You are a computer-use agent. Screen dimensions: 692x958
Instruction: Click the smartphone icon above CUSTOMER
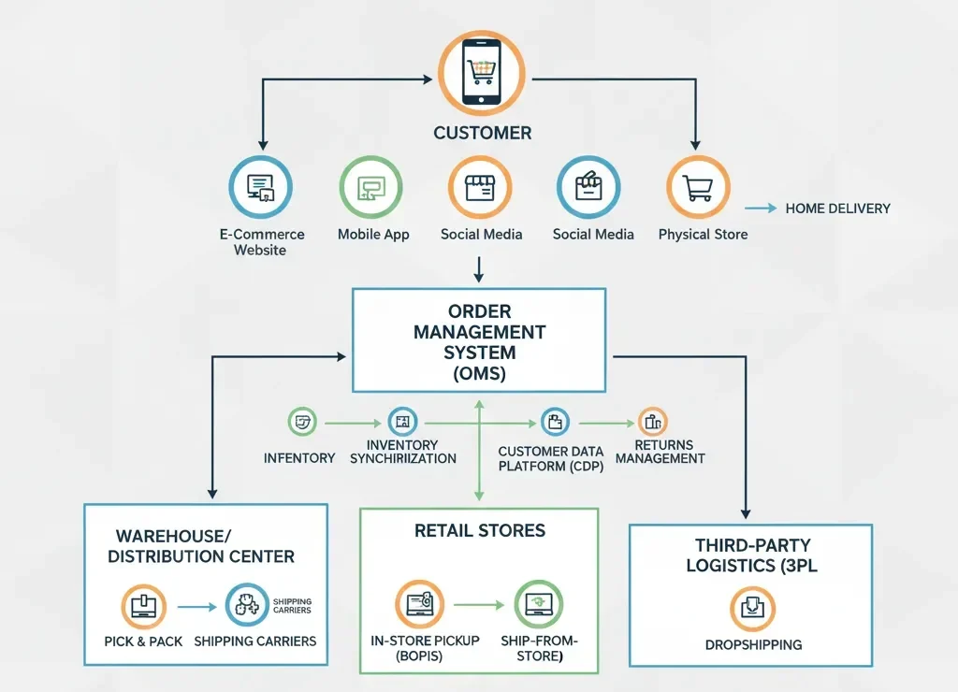point(482,73)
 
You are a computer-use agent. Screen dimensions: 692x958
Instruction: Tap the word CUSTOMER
point(482,133)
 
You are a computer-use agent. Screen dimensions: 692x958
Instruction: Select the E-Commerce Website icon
point(261,187)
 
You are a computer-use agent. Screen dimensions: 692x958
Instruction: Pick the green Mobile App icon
point(370,187)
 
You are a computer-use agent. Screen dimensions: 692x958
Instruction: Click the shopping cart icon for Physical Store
point(698,187)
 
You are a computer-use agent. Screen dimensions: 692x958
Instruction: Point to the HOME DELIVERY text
point(837,209)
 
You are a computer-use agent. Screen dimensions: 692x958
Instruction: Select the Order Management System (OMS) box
point(479,339)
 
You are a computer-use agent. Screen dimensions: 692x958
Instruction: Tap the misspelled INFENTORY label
point(299,458)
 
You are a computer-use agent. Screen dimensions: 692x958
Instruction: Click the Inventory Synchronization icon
point(401,422)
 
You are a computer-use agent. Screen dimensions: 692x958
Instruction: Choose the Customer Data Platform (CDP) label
point(551,458)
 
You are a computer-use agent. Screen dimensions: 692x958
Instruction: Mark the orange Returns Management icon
point(652,422)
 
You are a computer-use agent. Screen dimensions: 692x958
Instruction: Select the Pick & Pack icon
point(144,605)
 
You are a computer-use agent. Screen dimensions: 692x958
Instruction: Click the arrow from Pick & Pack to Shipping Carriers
point(198,607)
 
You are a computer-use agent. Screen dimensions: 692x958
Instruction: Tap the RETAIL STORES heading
point(479,531)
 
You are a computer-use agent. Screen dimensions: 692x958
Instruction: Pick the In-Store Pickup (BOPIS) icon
point(419,604)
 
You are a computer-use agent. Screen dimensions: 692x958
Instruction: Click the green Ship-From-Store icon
point(539,604)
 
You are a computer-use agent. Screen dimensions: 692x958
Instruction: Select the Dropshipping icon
point(752,610)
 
